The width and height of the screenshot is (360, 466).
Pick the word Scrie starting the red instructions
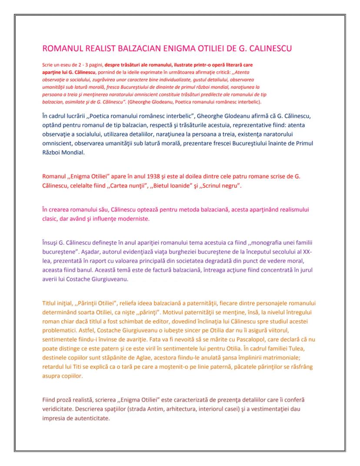[48, 64]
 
